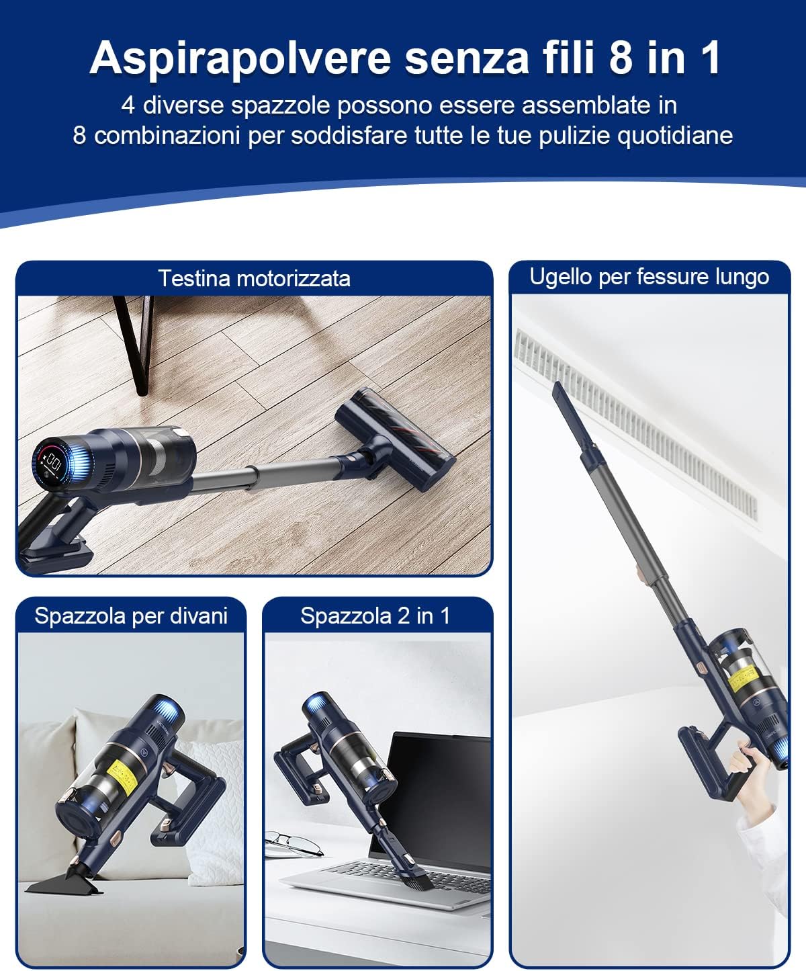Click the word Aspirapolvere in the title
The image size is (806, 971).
[240, 58]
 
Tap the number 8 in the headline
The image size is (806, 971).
[621, 58]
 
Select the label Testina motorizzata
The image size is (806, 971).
[254, 278]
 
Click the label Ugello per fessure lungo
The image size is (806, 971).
[649, 277]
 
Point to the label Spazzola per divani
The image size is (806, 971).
[131, 616]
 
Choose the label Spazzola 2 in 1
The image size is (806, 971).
[375, 616]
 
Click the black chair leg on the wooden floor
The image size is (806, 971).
[138, 343]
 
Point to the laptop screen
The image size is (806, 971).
[440, 793]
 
